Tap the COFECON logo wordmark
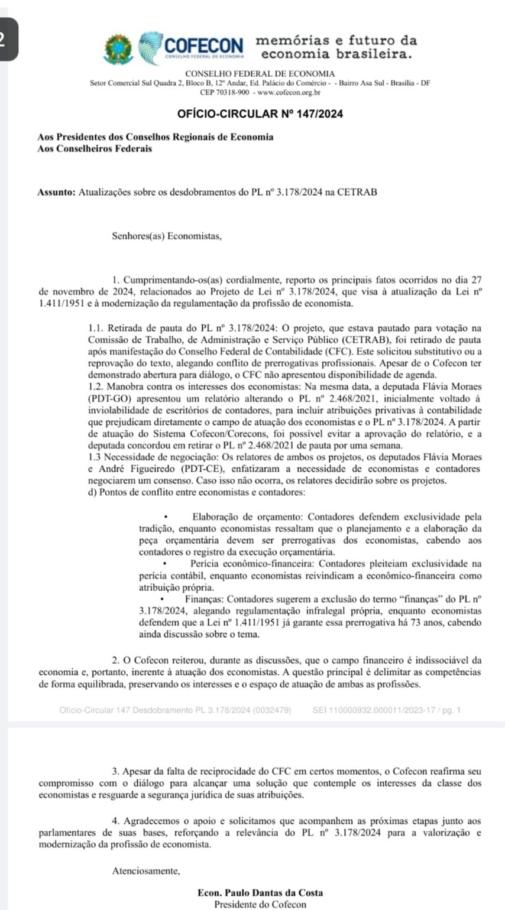click(203, 45)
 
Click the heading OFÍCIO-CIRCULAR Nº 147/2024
click(260, 113)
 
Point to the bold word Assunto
click(56, 192)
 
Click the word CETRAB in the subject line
click(357, 192)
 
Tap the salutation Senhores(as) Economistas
click(167, 237)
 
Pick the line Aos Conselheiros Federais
click(94, 148)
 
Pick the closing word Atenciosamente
click(146, 870)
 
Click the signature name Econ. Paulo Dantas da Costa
click(260, 893)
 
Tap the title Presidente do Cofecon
click(260, 904)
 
